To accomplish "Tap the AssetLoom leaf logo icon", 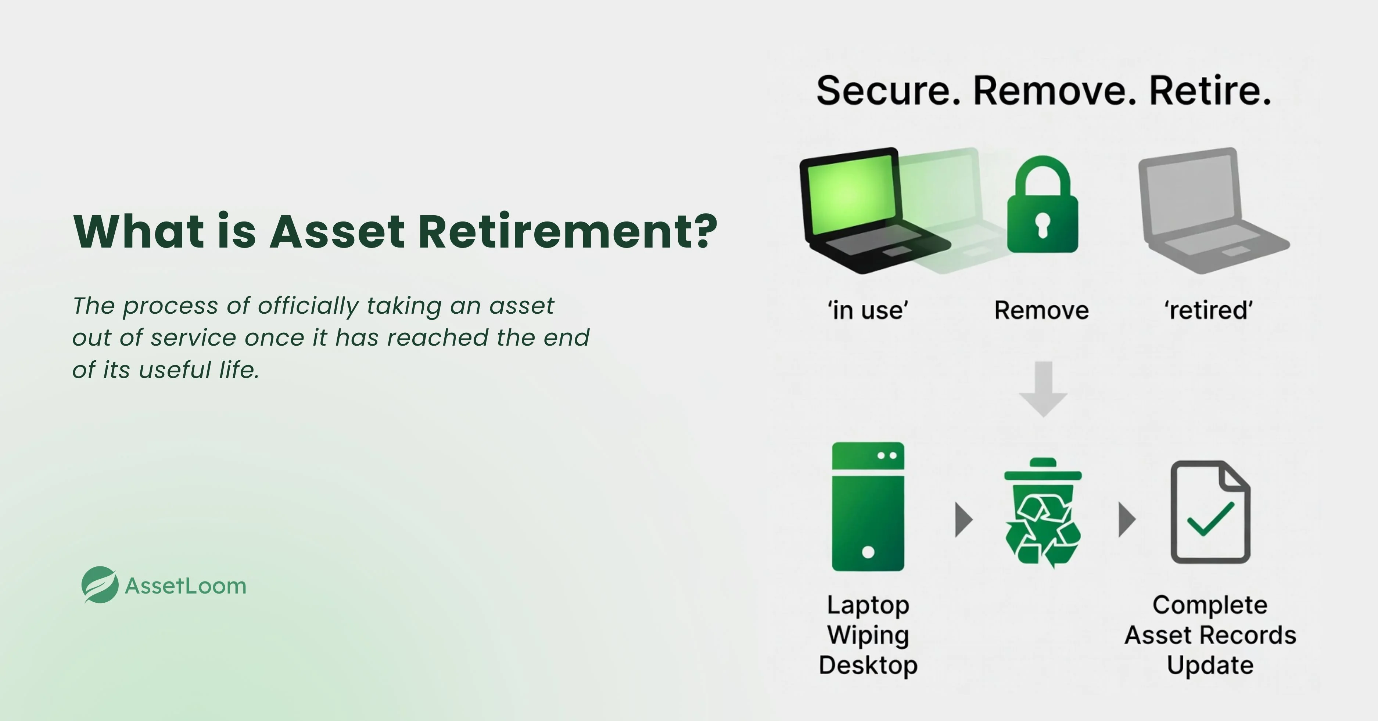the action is (x=100, y=585).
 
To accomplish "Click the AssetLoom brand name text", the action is (x=186, y=586).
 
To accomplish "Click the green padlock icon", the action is (x=1043, y=204).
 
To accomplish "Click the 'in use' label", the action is (x=868, y=310).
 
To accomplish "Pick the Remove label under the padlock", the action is (x=1041, y=310).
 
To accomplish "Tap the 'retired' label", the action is (x=1209, y=310).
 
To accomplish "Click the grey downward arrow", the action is (x=1043, y=389).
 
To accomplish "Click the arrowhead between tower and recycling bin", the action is (x=964, y=519).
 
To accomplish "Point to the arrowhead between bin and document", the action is (x=1127, y=519).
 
